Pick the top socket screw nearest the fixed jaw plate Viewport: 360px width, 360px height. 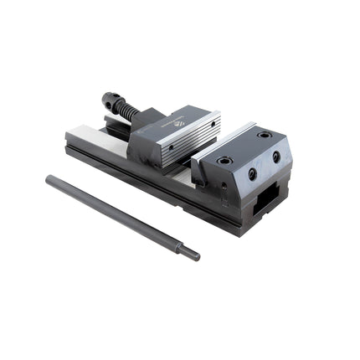(224, 160)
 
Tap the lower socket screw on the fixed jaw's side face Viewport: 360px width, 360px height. (252, 174)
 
